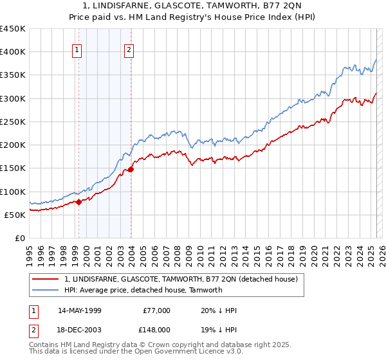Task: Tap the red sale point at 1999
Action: tap(78, 202)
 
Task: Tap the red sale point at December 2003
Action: tap(131, 169)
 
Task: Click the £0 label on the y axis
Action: tap(20, 238)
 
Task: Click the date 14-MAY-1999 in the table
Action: tap(79, 310)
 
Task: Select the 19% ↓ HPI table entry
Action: tap(219, 328)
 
